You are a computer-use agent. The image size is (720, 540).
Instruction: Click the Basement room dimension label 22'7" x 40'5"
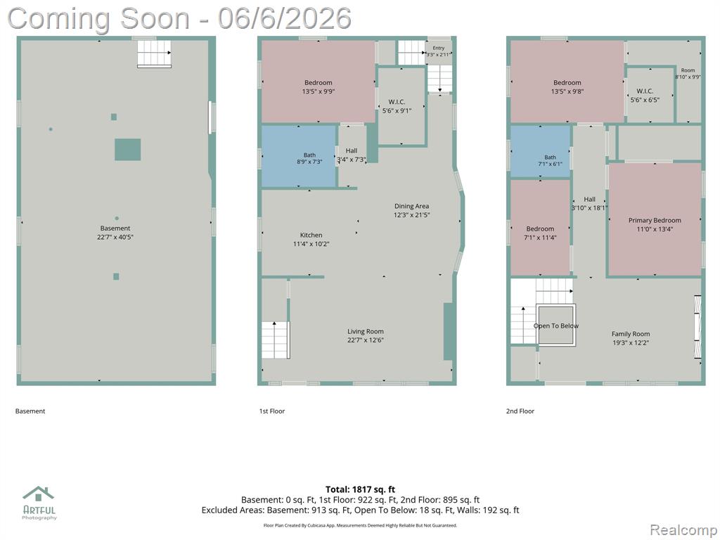[115, 238]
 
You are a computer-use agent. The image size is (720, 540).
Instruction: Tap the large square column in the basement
[128, 150]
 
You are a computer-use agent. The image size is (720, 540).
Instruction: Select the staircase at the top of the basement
[154, 53]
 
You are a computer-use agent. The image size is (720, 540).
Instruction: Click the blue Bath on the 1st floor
[299, 156]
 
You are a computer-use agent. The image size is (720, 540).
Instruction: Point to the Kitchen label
[311, 235]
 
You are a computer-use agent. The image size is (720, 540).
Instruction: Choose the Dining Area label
[411, 206]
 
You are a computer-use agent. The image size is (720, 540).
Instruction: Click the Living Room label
[366, 332]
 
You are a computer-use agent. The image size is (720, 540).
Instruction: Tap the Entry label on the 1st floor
[439, 48]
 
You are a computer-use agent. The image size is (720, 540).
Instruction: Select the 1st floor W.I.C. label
[397, 102]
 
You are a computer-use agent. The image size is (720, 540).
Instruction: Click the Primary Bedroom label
[655, 220]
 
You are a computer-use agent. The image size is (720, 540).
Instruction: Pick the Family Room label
[631, 334]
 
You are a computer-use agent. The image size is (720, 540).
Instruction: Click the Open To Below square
[556, 324]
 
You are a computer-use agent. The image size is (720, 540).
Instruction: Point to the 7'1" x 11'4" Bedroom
[541, 228]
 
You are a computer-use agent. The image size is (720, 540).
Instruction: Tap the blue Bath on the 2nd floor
[541, 151]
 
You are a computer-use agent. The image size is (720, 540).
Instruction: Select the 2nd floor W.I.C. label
[645, 91]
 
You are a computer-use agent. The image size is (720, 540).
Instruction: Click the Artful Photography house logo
[39, 494]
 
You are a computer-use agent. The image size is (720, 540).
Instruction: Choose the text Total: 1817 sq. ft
[360, 489]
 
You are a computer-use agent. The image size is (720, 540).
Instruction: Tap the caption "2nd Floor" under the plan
[520, 411]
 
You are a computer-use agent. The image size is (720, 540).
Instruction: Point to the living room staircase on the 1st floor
[276, 340]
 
